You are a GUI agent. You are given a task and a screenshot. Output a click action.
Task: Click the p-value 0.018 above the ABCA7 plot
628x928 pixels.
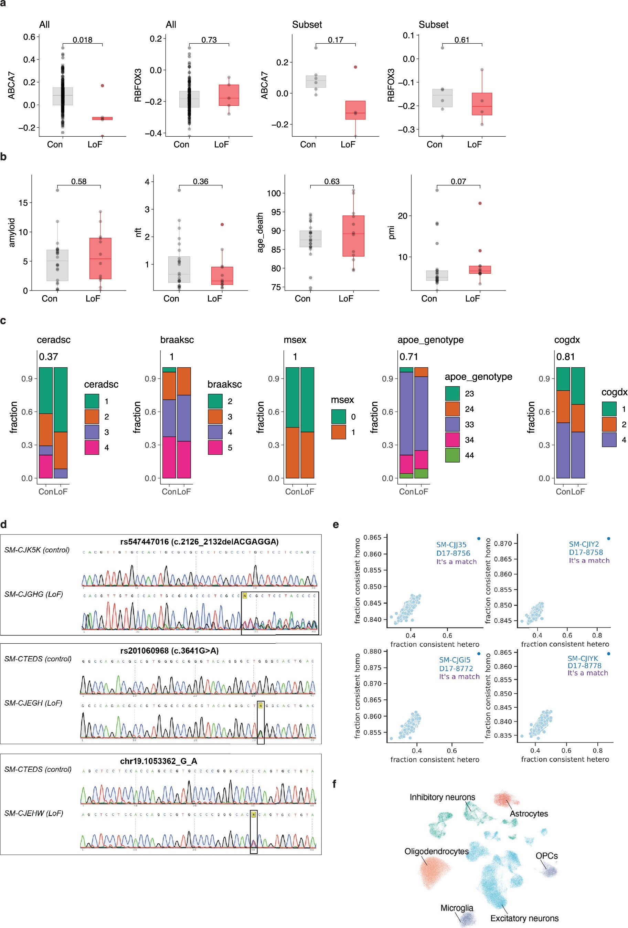82,40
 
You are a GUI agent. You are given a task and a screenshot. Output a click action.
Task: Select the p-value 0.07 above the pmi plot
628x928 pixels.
458,182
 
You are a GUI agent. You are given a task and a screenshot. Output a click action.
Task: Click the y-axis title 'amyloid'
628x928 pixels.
12,232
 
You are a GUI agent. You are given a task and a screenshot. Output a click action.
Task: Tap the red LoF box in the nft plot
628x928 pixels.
222,275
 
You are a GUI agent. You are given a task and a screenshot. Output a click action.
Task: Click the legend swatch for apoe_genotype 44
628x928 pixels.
453,455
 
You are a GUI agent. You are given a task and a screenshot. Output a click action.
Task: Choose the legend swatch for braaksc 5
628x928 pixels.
215,447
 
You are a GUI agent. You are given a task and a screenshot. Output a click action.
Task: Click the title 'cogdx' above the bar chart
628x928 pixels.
567,340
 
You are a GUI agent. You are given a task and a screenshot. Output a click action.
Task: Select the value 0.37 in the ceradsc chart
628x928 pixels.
48,357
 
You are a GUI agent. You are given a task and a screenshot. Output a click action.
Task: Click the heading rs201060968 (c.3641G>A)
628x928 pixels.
169,651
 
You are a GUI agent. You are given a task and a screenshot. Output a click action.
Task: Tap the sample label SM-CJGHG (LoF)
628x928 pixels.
33,594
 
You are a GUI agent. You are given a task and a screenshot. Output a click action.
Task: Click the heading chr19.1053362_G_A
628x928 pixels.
159,761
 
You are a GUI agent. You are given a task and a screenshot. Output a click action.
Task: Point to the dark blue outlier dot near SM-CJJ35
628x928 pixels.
479,539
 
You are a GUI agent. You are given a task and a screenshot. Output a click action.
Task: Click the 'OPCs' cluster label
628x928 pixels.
546,856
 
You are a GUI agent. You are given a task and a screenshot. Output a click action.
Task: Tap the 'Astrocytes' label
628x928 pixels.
529,814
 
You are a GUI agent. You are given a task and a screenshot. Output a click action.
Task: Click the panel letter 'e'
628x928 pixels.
336,525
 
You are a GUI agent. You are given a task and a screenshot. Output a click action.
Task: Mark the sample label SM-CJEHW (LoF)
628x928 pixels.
33,813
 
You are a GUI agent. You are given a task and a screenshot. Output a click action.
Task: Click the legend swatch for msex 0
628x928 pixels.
339,417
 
